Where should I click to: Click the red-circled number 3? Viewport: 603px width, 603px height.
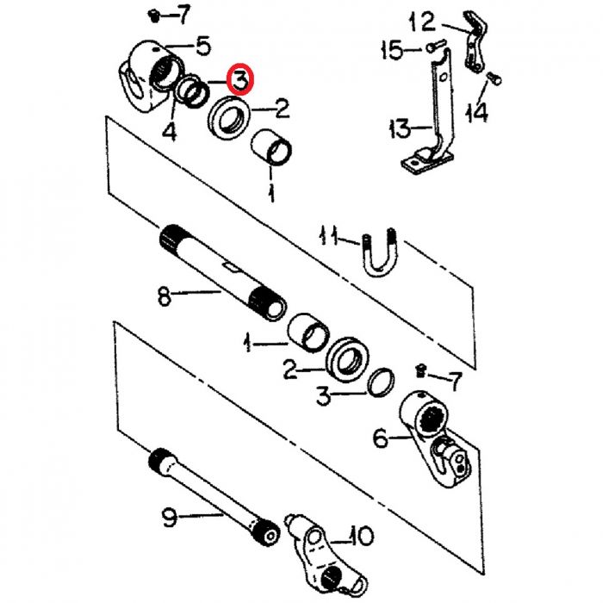[x=239, y=79]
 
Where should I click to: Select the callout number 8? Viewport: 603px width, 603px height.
[x=165, y=296]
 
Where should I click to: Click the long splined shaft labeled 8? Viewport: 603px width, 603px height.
[x=223, y=272]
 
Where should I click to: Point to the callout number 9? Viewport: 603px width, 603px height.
[x=169, y=517]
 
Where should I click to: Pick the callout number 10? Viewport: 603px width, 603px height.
[x=361, y=535]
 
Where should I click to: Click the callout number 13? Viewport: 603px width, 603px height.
[x=400, y=128]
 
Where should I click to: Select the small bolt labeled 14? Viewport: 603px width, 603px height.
[x=494, y=78]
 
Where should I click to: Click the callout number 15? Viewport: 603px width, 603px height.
[x=392, y=50]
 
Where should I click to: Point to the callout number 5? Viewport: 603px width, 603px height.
[x=203, y=46]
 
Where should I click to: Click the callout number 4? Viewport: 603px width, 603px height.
[x=169, y=131]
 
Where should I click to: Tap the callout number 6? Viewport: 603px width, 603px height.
[x=381, y=438]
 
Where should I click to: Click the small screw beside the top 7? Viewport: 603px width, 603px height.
[x=154, y=16]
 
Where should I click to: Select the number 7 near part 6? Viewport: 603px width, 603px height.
[x=455, y=381]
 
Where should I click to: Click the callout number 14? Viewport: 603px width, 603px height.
[x=477, y=112]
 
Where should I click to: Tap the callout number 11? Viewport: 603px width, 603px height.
[x=329, y=236]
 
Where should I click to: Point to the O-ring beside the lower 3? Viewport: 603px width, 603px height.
[x=381, y=381]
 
